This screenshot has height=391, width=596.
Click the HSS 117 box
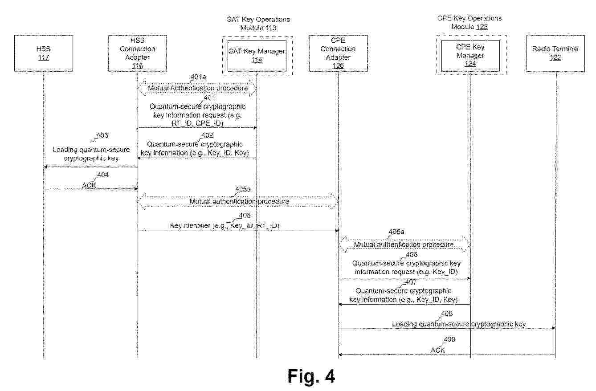click(x=44, y=53)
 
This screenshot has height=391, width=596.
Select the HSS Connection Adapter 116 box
click(x=138, y=53)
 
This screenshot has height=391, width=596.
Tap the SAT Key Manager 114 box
click(x=257, y=56)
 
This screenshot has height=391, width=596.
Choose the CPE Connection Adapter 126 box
click(x=338, y=53)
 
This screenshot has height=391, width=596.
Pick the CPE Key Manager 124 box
click(x=470, y=56)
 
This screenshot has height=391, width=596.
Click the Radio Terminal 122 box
click(x=555, y=53)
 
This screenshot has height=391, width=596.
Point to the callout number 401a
click(x=199, y=77)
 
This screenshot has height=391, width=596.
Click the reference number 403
click(x=102, y=135)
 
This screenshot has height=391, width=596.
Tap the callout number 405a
click(x=243, y=189)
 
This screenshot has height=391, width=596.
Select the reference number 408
click(x=447, y=314)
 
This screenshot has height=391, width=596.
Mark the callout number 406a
click(x=396, y=232)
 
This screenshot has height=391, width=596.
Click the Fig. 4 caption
click(x=311, y=376)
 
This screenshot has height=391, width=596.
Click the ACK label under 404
click(x=89, y=185)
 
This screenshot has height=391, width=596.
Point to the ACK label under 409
click(x=438, y=350)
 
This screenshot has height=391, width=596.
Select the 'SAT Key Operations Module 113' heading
click(x=258, y=24)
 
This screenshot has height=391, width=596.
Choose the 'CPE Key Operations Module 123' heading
click(x=469, y=23)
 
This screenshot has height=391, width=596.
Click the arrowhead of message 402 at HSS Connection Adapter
click(x=139, y=158)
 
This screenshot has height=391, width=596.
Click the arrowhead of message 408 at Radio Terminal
click(x=554, y=328)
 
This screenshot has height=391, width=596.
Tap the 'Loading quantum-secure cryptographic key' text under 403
click(x=91, y=154)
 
